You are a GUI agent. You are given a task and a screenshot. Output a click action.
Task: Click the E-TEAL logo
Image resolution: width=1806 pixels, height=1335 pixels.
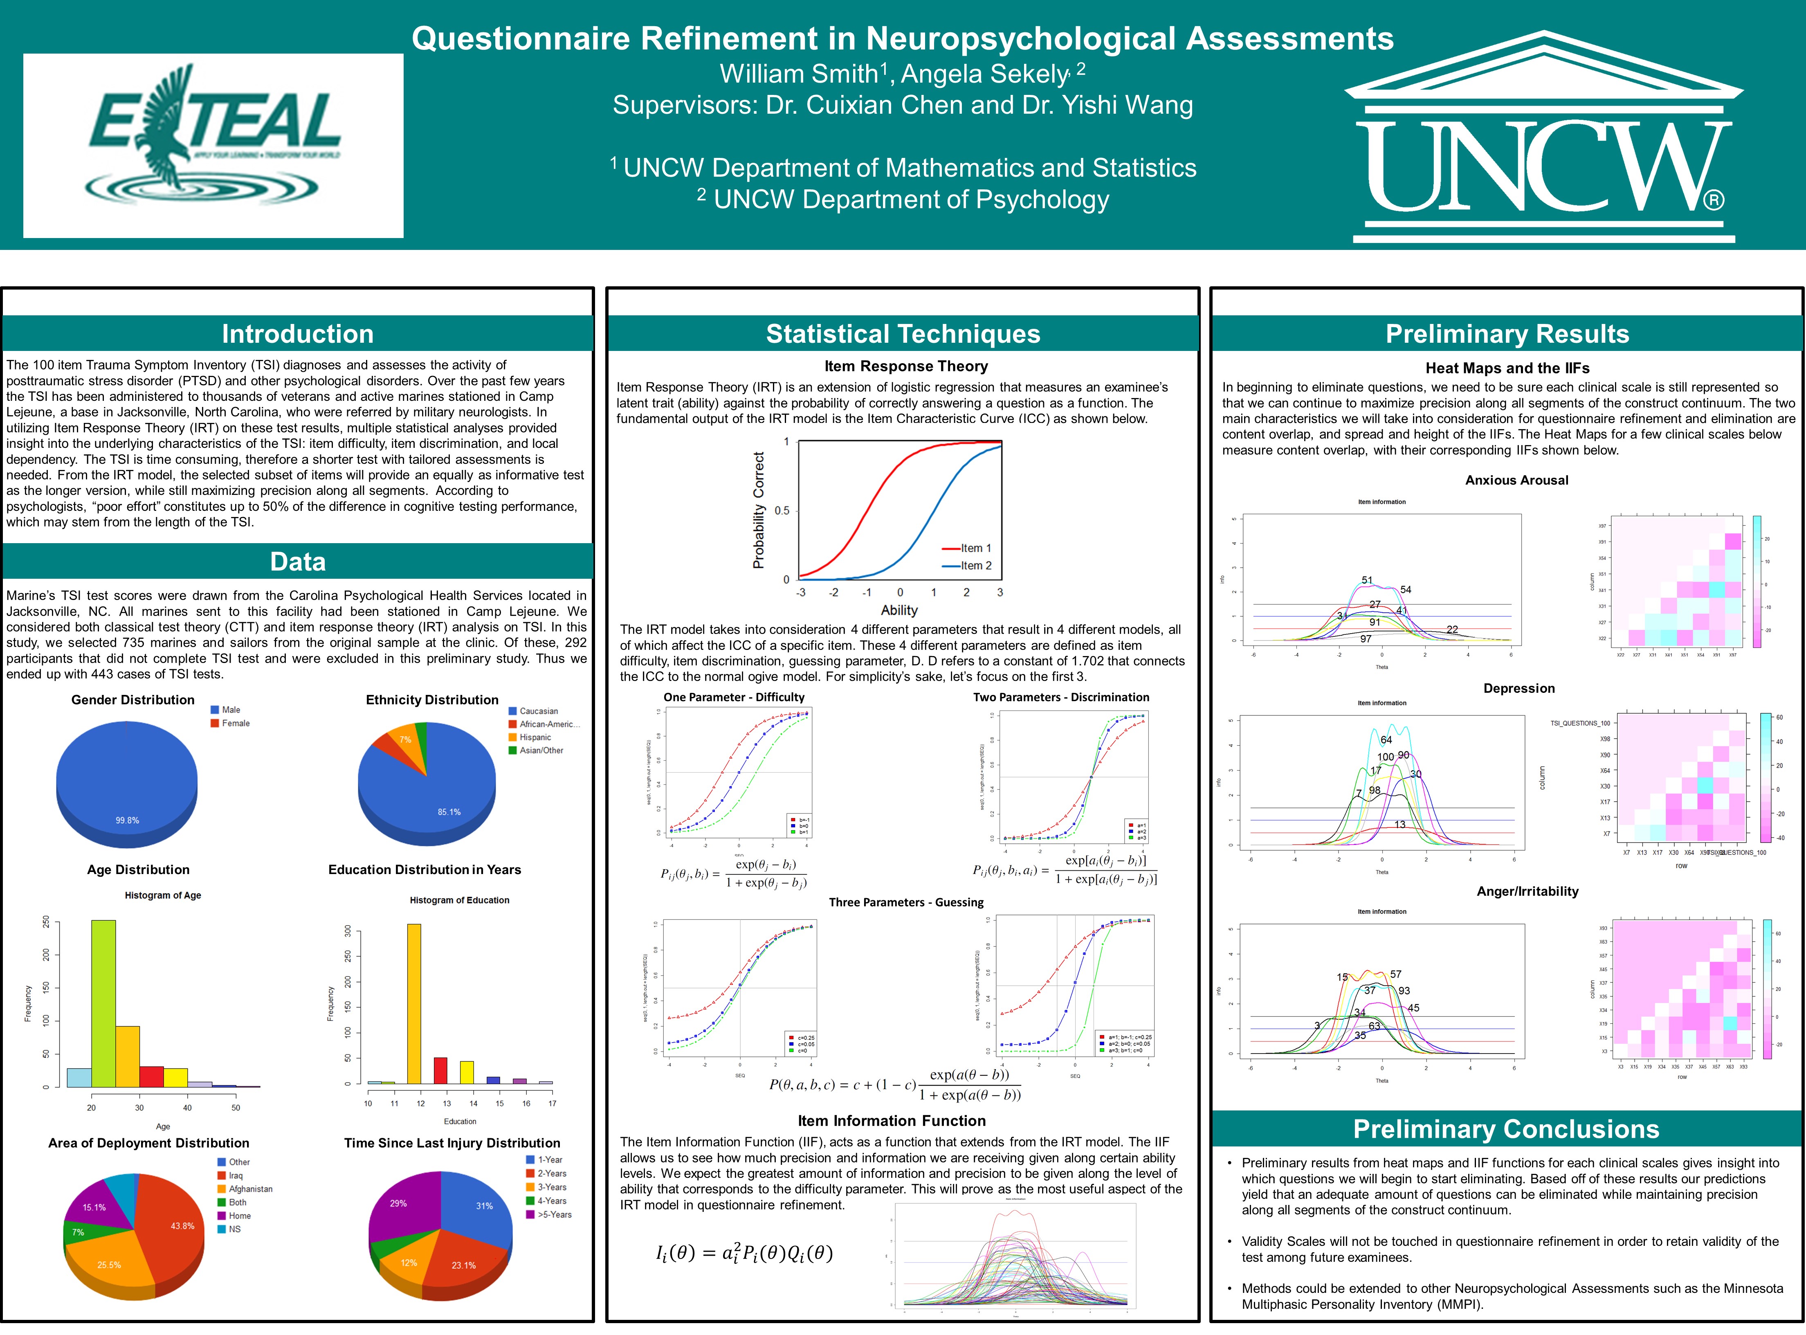(x=213, y=146)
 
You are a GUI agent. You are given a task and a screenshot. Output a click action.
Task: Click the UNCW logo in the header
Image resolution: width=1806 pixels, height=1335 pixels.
(x=1543, y=137)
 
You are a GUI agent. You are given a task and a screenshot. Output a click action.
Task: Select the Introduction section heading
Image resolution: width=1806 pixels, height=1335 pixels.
(x=297, y=334)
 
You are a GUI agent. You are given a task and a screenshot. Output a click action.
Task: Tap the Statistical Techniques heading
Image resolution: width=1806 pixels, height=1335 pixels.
(x=903, y=334)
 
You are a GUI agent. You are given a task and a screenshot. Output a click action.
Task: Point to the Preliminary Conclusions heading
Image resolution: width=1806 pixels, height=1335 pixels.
(x=1506, y=1129)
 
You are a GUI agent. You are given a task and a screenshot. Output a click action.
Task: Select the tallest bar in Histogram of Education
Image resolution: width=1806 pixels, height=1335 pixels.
(x=414, y=1002)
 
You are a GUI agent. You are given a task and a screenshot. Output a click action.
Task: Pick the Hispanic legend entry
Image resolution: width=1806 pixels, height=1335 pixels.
(x=535, y=737)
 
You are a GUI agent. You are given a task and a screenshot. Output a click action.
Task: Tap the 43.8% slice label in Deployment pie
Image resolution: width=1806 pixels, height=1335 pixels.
(x=183, y=1226)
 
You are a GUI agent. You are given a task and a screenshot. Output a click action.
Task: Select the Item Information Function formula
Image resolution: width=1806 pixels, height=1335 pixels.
(x=744, y=1253)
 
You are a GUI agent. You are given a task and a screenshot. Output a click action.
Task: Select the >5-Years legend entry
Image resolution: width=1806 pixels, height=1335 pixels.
(x=554, y=1215)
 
